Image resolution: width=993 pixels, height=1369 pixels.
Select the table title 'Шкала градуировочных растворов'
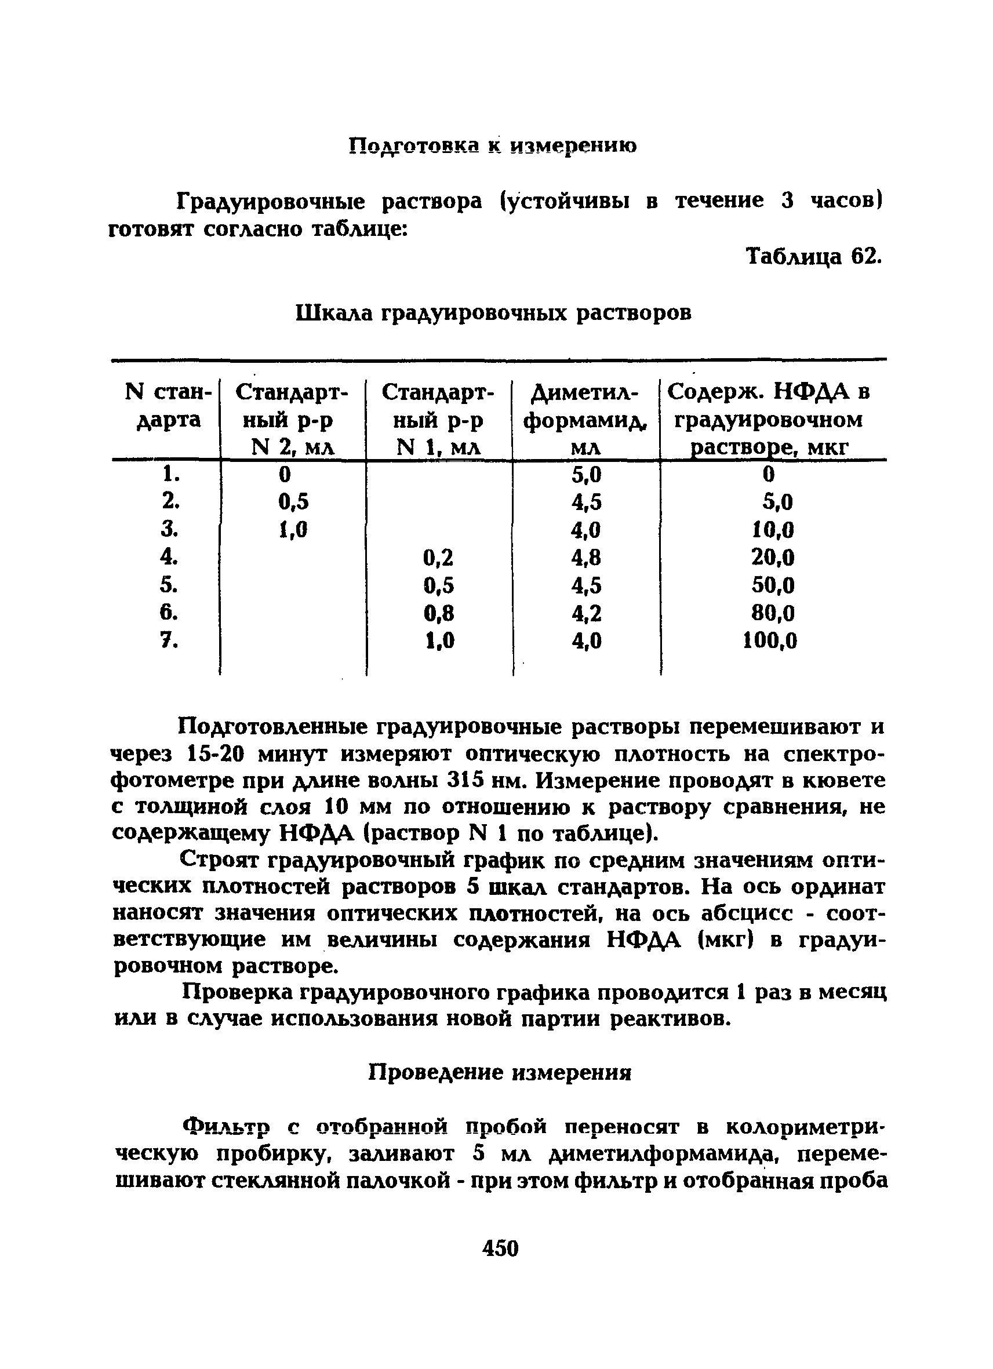493,312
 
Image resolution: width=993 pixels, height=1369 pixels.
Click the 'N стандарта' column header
169,406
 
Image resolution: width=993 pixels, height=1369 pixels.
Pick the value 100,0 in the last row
769,640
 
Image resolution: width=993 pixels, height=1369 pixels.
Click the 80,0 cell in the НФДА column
773,613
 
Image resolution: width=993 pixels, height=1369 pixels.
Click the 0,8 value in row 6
438,613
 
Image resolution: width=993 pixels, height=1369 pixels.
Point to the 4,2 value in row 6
586,613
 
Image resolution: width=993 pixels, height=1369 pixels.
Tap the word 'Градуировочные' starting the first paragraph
271,201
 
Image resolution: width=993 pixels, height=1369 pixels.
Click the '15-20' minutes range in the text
216,755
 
